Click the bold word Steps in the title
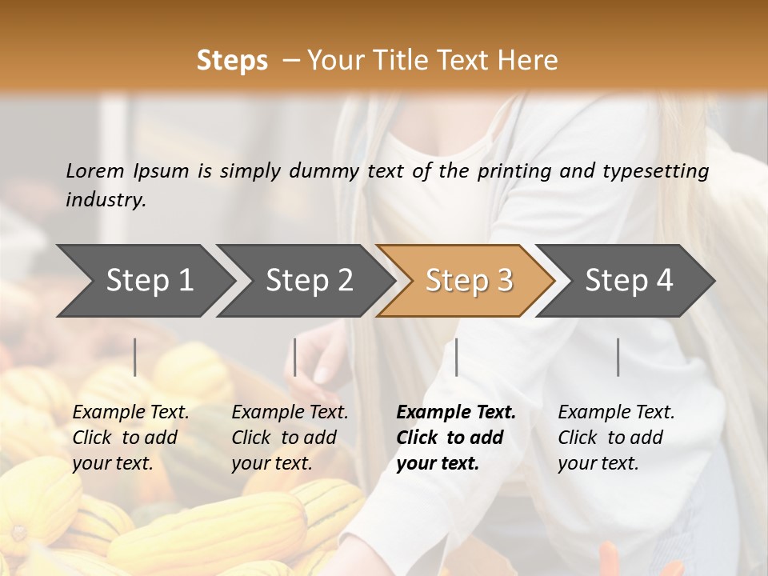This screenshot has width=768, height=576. (232, 61)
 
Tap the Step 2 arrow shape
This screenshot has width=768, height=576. (309, 280)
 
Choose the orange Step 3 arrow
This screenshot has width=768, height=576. (469, 280)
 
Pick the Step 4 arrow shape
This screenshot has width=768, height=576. (629, 280)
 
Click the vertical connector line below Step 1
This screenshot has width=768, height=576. (135, 357)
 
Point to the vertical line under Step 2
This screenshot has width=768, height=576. (295, 357)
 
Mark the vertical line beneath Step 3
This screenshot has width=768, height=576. (457, 357)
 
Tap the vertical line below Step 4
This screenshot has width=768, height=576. (618, 357)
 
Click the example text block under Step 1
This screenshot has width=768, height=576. (130, 438)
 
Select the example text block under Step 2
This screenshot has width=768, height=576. (290, 438)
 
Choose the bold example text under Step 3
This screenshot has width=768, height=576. (456, 438)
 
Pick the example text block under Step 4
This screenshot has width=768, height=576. (616, 438)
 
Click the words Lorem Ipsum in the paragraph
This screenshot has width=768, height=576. (127, 171)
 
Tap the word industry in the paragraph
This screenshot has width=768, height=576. (106, 200)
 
